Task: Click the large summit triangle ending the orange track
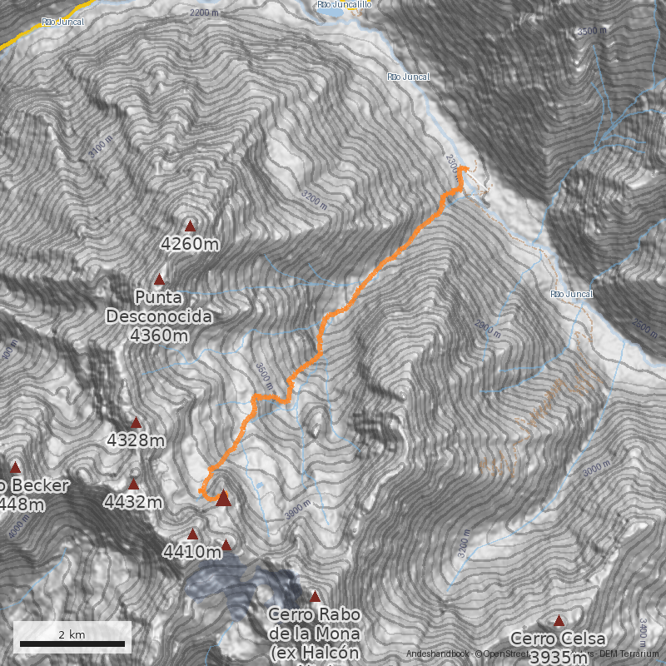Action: point(222,499)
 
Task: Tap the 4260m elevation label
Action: point(190,244)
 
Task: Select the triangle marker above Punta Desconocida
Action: point(159,280)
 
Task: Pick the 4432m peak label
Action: point(132,502)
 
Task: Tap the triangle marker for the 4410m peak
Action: point(193,534)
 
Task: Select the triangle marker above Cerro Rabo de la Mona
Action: point(315,596)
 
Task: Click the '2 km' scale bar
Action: point(72,642)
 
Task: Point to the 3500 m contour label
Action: point(592,31)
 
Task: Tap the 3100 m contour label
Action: point(98,147)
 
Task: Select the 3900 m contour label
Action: point(300,510)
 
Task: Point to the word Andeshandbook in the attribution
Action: point(434,654)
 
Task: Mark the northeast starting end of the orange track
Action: point(463,170)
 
